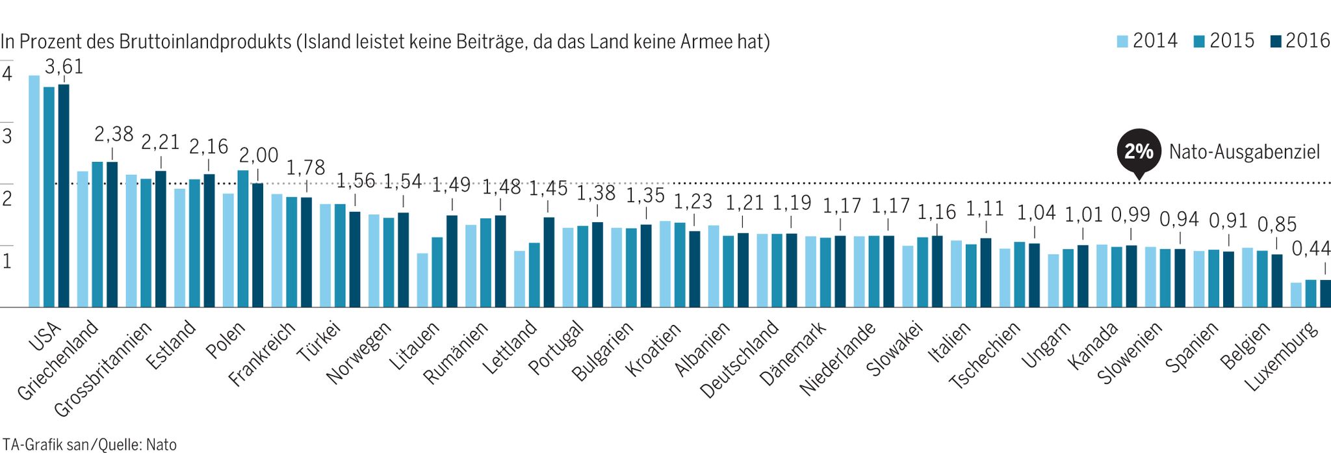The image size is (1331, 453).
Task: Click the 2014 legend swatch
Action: (1122, 42)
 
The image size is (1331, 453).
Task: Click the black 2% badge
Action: (1138, 152)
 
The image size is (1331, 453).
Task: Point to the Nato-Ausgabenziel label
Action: (1244, 152)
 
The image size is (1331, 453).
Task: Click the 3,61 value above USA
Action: (64, 67)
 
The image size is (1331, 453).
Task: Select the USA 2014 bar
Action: (34, 191)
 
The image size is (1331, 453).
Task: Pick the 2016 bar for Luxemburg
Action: (1325, 293)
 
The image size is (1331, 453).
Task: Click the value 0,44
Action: (1311, 249)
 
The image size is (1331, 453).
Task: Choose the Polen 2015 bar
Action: (243, 239)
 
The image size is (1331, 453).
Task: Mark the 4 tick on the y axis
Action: (7, 74)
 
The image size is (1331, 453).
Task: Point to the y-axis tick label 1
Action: (7, 261)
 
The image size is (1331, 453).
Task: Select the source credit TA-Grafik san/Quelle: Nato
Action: (89, 445)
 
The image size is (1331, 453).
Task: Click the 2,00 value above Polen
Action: (258, 155)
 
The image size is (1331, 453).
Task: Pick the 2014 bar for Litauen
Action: (422, 280)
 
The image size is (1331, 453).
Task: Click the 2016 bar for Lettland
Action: (549, 262)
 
